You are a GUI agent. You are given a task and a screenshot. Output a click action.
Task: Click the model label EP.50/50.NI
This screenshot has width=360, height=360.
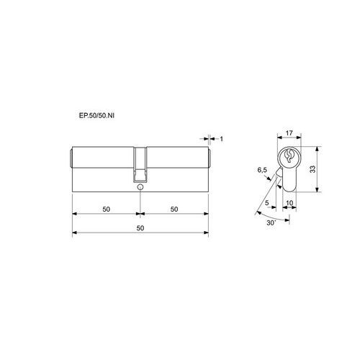(x=96, y=115)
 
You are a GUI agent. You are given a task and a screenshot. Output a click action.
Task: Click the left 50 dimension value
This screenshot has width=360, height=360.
(x=106, y=210)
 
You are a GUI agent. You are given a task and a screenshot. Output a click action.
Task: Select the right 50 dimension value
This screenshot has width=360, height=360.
(x=174, y=210)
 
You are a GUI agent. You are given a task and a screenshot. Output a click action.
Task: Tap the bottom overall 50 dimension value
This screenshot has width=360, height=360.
(x=140, y=228)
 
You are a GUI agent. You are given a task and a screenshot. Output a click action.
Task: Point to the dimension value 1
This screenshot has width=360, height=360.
(x=222, y=139)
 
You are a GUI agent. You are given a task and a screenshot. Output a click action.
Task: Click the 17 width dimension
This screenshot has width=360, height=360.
(x=289, y=132)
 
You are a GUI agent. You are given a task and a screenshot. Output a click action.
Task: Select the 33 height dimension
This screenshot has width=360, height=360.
(x=312, y=169)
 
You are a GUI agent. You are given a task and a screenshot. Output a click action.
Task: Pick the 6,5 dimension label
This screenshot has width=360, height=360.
(x=262, y=170)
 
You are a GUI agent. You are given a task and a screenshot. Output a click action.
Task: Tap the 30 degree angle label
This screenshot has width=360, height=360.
(x=271, y=222)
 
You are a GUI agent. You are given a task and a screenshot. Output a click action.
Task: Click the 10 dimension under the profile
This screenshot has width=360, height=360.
(x=289, y=203)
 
